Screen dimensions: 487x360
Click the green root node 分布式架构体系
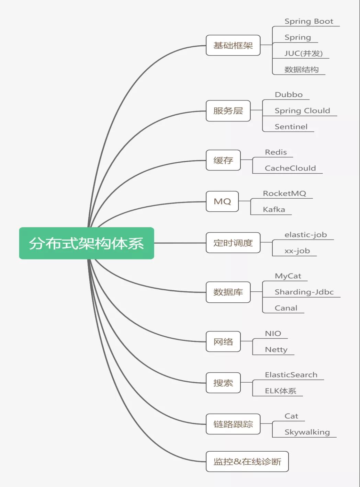(86, 243)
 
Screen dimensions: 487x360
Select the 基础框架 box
(233, 45)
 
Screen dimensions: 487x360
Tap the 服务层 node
(228, 111)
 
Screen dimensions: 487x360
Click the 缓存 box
(223, 160)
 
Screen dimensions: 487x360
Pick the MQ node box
(222, 201)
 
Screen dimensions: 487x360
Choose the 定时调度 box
(233, 243)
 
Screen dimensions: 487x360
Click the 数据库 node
(228, 292)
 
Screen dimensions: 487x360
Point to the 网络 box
(223, 341)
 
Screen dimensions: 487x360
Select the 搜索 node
(223, 383)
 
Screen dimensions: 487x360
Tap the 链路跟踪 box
(233, 424)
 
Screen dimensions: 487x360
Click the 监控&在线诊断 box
(247, 462)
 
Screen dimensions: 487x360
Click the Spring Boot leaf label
(309, 21)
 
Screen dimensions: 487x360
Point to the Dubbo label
(289, 95)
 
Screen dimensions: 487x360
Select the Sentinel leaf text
(291, 127)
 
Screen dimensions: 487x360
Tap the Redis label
(275, 152)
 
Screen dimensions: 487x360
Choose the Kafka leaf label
(274, 209)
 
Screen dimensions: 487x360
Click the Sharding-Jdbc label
(304, 292)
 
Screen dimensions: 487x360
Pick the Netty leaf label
(276, 350)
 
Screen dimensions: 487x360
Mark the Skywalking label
(307, 432)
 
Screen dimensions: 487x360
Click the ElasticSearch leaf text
(291, 375)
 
